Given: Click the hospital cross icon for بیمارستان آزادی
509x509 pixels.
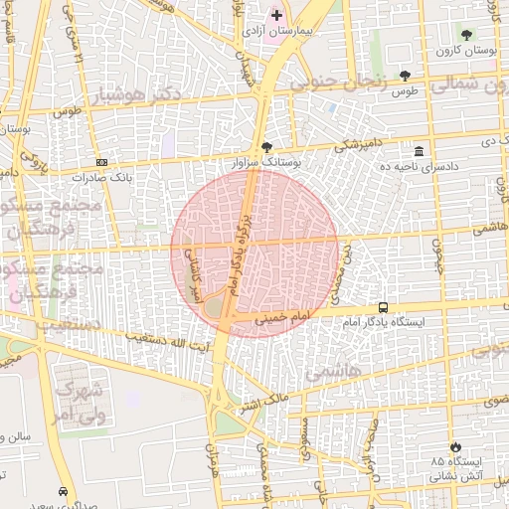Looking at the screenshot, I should (x=276, y=16).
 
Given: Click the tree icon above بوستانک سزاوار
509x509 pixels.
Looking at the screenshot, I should (x=266, y=146).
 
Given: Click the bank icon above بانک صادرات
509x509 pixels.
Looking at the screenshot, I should (x=101, y=162).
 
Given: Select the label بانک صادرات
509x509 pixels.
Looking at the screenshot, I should (x=100, y=177).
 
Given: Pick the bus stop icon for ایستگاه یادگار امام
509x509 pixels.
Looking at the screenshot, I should (x=384, y=308).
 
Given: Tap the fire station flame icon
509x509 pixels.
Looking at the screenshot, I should (x=456, y=447).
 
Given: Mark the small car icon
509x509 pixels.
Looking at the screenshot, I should (x=64, y=491).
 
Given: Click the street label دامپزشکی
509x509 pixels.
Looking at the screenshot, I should (x=357, y=145).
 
